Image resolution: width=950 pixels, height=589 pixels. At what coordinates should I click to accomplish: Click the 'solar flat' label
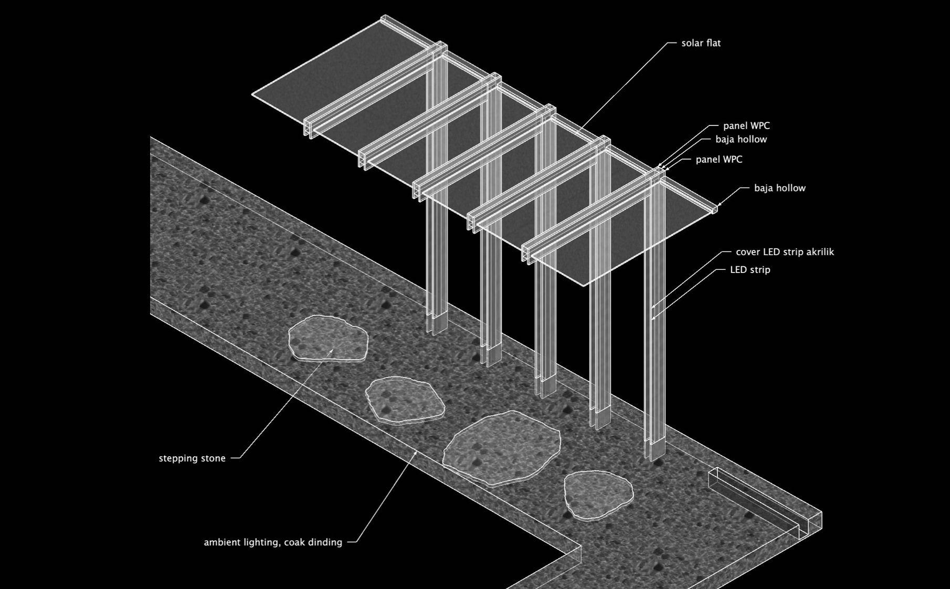coord(701,43)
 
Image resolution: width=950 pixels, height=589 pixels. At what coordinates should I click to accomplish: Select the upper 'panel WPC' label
coord(746,126)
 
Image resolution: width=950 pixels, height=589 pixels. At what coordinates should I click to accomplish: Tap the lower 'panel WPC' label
coord(719,160)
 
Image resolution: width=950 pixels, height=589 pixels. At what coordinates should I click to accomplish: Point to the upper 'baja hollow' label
coord(741,140)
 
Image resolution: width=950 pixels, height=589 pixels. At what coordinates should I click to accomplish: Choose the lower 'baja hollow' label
coord(779,188)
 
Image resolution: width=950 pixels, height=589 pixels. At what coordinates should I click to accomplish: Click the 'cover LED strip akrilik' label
coord(785,252)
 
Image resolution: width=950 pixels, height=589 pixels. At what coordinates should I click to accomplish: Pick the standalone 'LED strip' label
coord(750,270)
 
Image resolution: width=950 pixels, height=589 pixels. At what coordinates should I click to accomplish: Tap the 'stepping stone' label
coord(192,458)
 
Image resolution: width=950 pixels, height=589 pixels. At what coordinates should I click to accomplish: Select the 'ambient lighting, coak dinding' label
coord(273,542)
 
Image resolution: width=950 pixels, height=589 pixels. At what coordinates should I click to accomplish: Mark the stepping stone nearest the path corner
coord(598,495)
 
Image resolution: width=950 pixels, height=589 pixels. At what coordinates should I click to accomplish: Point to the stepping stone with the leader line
coord(328,339)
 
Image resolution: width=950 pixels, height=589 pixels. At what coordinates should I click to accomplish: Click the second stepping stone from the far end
coord(405,400)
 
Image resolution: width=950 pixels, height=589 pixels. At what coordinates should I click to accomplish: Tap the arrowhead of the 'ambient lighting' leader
coord(417,452)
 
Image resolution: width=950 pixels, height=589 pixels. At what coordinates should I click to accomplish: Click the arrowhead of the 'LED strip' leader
coord(652,318)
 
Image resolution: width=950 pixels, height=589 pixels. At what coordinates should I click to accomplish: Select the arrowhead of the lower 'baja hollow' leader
coord(719,205)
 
